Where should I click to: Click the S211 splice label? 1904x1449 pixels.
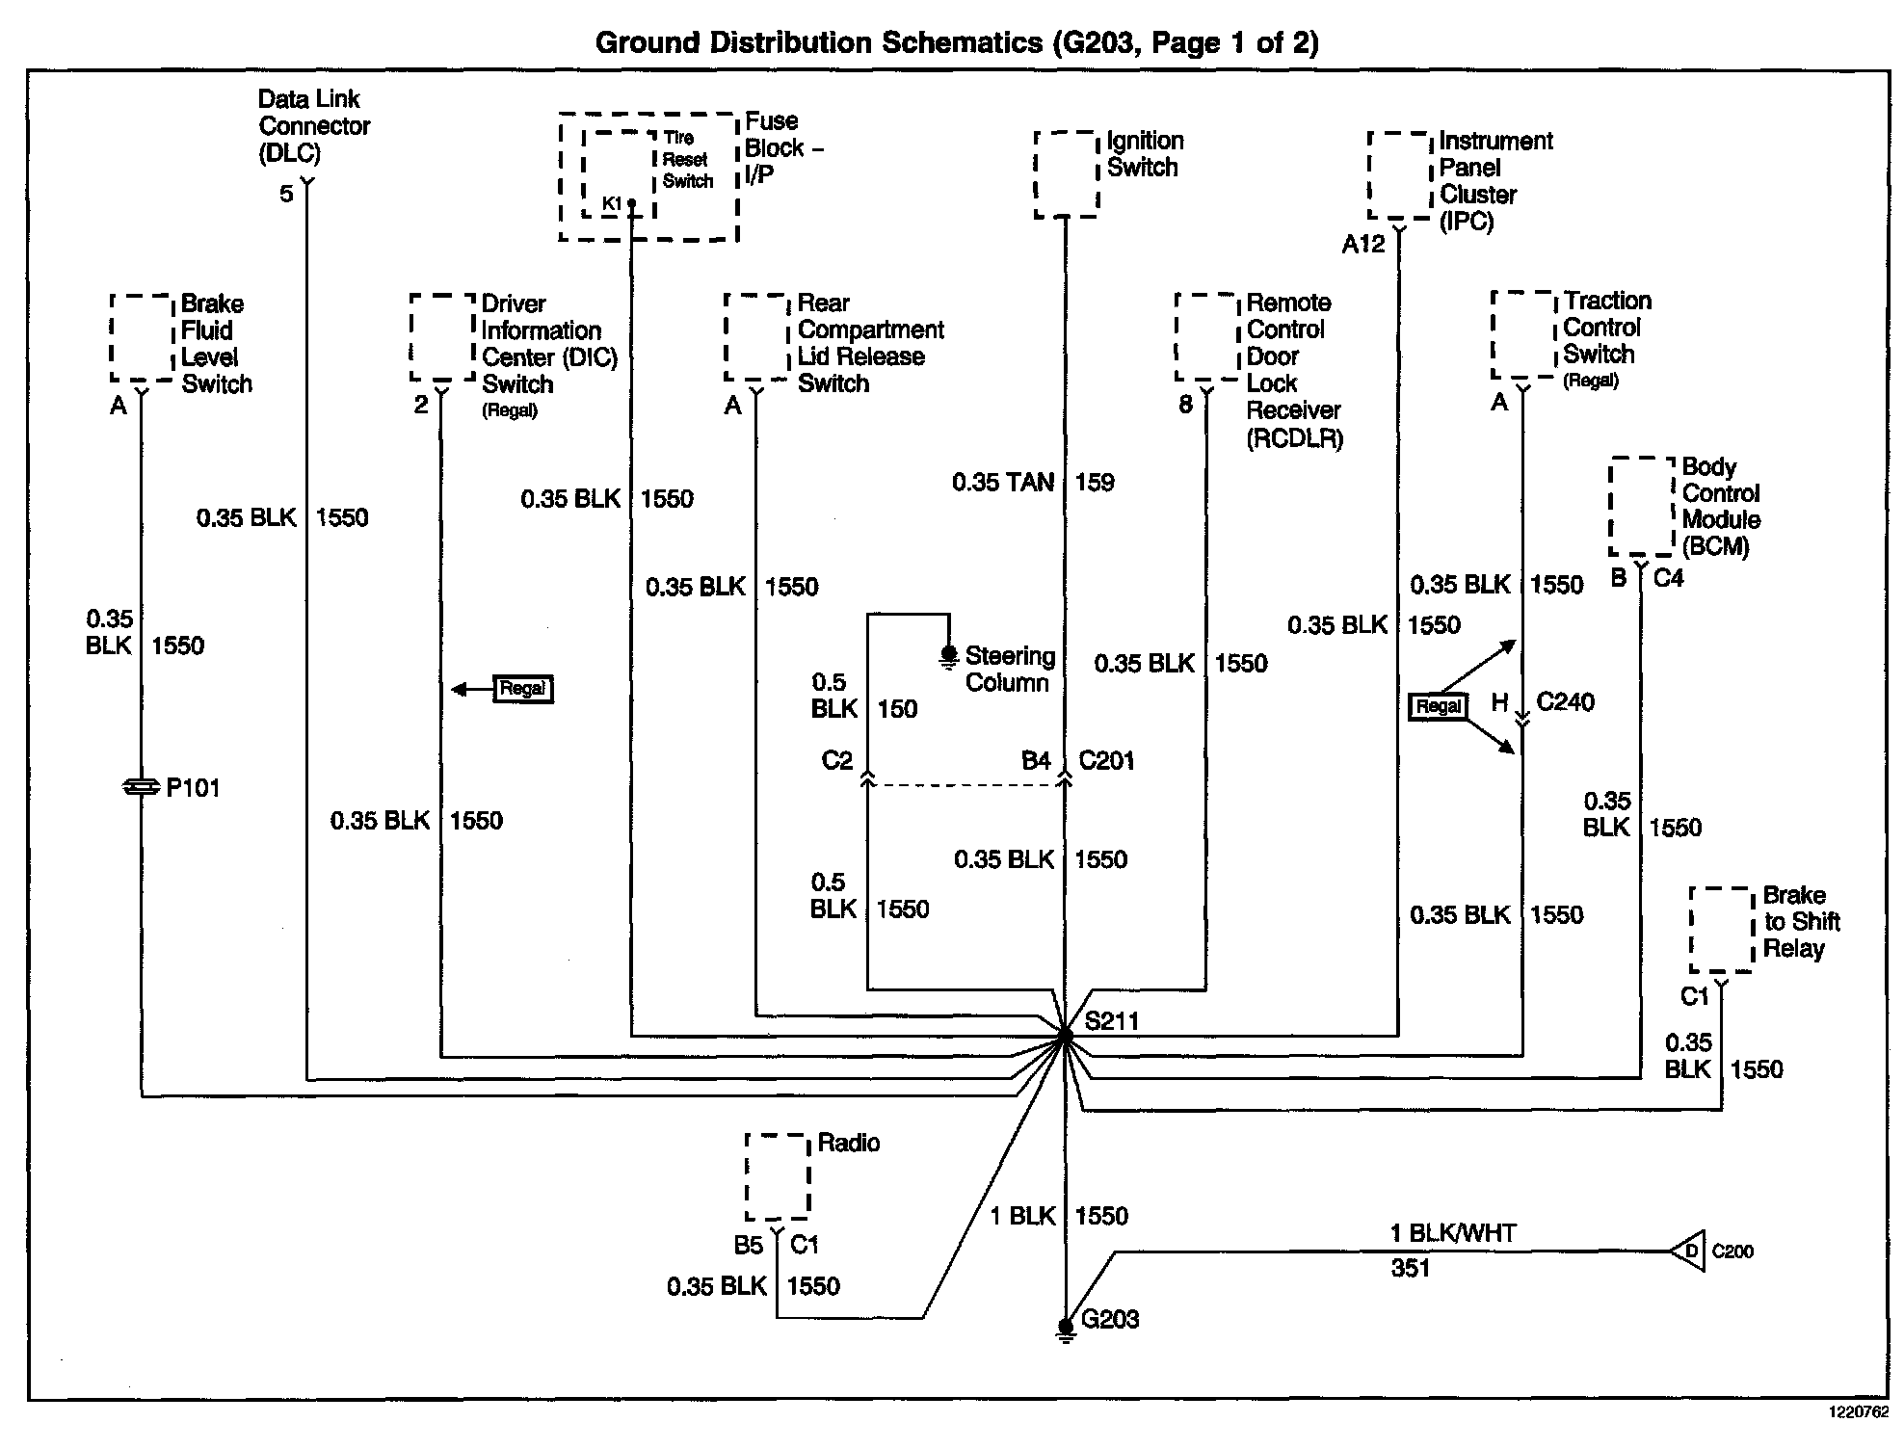(1111, 1020)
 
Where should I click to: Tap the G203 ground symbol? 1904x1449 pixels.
(1065, 1330)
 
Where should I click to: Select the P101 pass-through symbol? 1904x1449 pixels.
(142, 788)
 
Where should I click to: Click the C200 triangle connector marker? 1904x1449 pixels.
(1688, 1251)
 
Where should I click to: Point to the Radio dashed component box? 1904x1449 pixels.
(777, 1176)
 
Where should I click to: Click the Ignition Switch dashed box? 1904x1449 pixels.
(1066, 174)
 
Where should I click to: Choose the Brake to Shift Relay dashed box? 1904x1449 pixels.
(1721, 930)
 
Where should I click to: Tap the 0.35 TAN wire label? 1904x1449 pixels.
(1002, 482)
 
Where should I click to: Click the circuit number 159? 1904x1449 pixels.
(1095, 482)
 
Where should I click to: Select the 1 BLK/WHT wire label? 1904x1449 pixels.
(1452, 1233)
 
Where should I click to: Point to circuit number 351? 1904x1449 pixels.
(1410, 1268)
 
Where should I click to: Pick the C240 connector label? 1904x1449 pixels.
(1565, 701)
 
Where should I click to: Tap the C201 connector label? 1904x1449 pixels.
(1106, 761)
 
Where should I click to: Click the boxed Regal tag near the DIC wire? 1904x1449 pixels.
(522, 689)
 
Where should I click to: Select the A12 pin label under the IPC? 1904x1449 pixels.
(1362, 245)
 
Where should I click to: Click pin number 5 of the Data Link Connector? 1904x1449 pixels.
(286, 194)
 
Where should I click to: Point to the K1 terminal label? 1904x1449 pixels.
(612, 203)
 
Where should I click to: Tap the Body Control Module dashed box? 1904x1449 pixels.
(1641, 507)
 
